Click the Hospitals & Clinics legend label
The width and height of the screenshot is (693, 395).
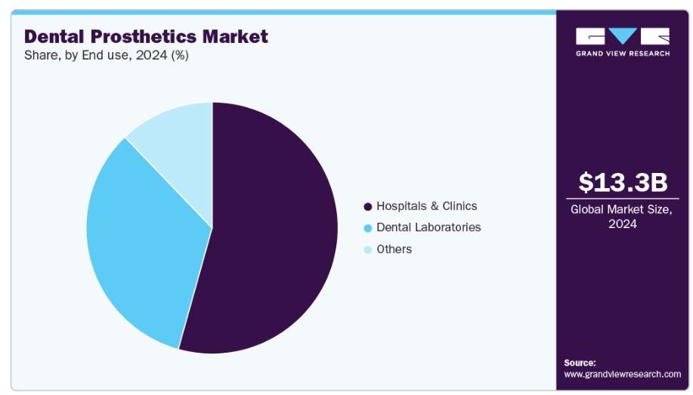[427, 205]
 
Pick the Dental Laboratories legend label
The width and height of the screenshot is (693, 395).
[428, 227]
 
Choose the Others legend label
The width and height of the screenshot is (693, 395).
[394, 249]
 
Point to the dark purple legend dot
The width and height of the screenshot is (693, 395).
[368, 206]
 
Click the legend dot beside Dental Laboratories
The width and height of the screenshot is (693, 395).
[368, 228]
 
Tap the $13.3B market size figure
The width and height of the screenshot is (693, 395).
[623, 182]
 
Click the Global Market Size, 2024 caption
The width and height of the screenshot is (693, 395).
[623, 217]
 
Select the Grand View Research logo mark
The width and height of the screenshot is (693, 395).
[623, 36]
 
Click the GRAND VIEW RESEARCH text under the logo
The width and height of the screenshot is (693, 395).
[623, 54]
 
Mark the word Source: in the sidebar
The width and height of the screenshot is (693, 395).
[580, 363]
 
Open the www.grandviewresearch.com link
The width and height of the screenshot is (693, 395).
[622, 374]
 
